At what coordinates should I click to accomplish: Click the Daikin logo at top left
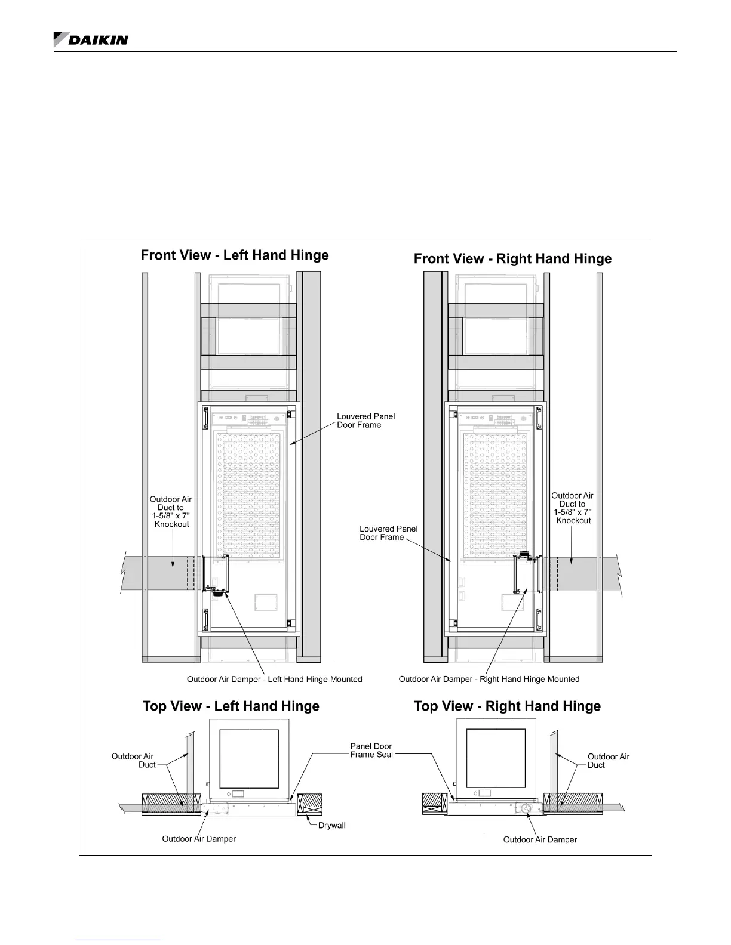pyautogui.click(x=91, y=39)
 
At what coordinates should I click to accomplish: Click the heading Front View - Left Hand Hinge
pyautogui.click(x=235, y=255)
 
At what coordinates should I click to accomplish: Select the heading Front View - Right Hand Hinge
pyautogui.click(x=512, y=259)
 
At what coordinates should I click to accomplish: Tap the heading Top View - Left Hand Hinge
pyautogui.click(x=231, y=706)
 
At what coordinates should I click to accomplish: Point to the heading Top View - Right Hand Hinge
pyautogui.click(x=507, y=706)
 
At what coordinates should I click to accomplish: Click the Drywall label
pyautogui.click(x=332, y=826)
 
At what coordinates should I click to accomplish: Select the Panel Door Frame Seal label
pyautogui.click(x=371, y=751)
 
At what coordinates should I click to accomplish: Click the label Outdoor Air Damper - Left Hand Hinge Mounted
pyautogui.click(x=274, y=679)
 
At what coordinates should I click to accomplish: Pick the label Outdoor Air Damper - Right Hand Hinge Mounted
pyautogui.click(x=489, y=679)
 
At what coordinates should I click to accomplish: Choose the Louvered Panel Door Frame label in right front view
pyautogui.click(x=388, y=533)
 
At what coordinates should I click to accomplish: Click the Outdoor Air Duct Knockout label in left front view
pyautogui.click(x=171, y=512)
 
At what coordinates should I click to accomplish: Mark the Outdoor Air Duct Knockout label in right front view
pyautogui.click(x=573, y=508)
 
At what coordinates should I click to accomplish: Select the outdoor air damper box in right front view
pyautogui.click(x=527, y=574)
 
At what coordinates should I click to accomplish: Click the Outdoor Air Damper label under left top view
pyautogui.click(x=199, y=839)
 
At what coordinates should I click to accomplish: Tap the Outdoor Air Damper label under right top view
pyautogui.click(x=540, y=839)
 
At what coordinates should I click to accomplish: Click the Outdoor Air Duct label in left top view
pyautogui.click(x=133, y=761)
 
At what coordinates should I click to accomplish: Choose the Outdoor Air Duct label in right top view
pyautogui.click(x=608, y=761)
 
